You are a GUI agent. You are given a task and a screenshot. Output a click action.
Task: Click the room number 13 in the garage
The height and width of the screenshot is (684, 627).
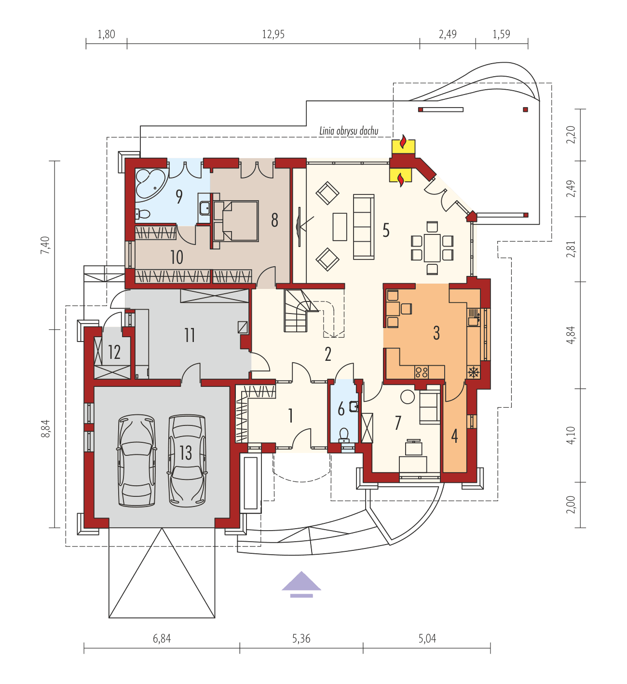point(186,452)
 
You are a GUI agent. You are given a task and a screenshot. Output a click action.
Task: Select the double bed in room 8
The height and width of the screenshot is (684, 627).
point(236,220)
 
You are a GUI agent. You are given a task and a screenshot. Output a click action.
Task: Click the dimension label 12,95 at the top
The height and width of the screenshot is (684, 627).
point(273,34)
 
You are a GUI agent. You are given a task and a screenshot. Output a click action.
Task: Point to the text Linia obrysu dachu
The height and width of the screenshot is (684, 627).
point(348,131)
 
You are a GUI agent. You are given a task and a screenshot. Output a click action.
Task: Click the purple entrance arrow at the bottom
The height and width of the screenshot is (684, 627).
point(301,581)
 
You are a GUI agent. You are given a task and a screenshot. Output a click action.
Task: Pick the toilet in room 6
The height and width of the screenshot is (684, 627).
point(344,435)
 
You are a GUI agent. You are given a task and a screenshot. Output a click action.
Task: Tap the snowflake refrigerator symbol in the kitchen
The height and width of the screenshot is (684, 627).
point(474,372)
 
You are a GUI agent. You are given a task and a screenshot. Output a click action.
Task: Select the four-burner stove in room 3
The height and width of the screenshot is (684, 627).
point(422,372)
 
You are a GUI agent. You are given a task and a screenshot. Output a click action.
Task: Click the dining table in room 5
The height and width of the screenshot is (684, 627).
point(432,247)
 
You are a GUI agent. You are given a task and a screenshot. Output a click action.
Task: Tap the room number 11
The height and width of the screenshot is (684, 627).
point(190,335)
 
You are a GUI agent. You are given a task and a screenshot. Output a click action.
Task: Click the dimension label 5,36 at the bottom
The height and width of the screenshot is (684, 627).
point(301,639)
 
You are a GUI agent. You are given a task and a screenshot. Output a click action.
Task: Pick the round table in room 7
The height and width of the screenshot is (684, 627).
point(408,397)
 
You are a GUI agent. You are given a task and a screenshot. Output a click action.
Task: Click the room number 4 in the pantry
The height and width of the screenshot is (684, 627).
point(454,436)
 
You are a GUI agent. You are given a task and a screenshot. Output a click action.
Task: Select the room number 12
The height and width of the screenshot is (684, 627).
point(114,352)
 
